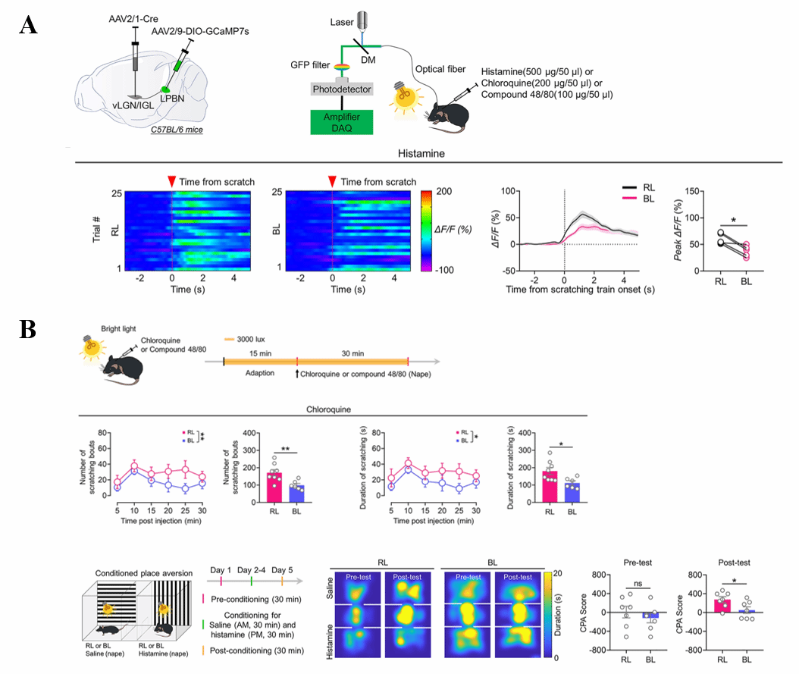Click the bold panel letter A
point(28,25)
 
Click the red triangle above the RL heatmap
point(172,181)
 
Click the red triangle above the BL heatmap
point(332,181)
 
